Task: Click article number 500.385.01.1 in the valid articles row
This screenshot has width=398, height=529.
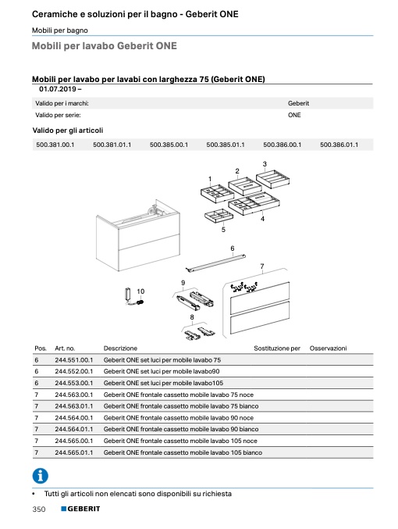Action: point(226,145)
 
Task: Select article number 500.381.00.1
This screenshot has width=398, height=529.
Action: point(55,145)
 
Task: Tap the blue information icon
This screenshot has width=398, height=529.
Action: point(41,476)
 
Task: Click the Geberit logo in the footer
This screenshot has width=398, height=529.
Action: point(80,509)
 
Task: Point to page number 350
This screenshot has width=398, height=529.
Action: point(39,509)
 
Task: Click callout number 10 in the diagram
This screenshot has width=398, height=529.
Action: point(140,291)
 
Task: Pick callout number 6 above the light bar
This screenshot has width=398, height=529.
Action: point(233,248)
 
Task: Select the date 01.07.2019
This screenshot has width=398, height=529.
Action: point(58,89)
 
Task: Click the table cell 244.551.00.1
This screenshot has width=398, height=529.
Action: point(74,360)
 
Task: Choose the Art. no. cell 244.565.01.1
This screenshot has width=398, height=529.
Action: point(74,452)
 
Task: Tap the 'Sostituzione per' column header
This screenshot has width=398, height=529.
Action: point(277,348)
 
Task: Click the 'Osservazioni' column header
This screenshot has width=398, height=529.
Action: point(328,348)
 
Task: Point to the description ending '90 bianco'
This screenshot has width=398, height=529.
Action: point(181,429)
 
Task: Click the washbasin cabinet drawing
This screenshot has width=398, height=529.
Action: point(138,235)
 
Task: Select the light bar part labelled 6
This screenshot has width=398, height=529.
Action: point(215,262)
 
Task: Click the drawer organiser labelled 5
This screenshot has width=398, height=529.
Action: point(219,216)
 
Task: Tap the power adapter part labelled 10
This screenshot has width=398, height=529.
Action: point(133,298)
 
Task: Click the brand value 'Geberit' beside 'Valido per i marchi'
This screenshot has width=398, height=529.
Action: point(298,103)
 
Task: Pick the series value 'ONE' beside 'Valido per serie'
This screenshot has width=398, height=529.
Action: point(294,115)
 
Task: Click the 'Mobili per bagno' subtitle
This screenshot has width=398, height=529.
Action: point(60,30)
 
